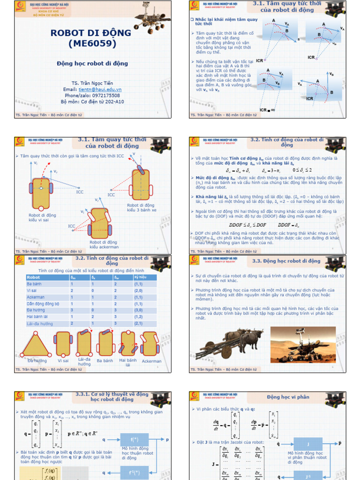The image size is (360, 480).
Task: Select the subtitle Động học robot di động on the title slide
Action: click(92, 63)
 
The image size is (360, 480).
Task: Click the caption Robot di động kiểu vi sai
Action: click(42, 217)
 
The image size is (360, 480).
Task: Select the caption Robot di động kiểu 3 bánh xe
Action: click(141, 208)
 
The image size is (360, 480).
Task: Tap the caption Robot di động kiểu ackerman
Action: click(104, 245)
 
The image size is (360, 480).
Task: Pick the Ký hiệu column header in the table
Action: click(140, 277)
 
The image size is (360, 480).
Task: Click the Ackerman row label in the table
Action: click(36, 297)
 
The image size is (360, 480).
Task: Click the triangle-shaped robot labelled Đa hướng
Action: click(36, 345)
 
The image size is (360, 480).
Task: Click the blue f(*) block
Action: click(135, 440)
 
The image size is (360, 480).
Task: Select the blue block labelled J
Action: click(307, 443)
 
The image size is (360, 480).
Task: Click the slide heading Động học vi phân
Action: click(288, 397)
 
